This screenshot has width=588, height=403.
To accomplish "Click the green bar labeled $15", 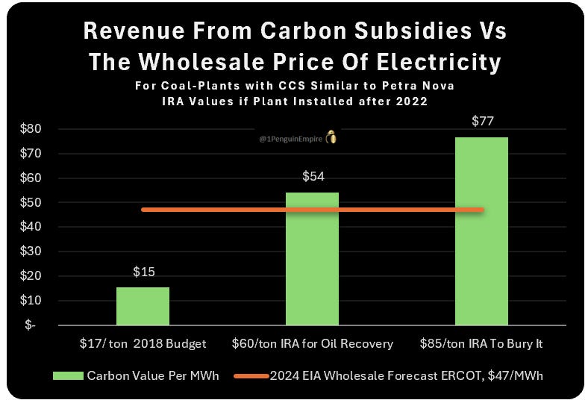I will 143,306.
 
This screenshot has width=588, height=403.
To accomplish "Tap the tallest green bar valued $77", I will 481,231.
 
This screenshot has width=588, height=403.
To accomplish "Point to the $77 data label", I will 481,120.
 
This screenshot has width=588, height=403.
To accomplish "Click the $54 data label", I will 312,177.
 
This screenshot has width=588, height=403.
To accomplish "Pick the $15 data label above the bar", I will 143,272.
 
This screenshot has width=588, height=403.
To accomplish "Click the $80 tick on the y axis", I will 30,129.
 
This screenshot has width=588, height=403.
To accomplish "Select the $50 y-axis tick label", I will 30,202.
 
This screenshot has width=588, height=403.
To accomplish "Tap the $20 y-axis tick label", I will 30,276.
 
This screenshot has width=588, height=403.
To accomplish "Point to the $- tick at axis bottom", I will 29,325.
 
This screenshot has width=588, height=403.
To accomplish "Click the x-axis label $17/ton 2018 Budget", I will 143,343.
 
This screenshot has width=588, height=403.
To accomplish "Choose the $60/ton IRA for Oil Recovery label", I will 312,343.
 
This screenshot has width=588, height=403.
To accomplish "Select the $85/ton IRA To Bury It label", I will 481,343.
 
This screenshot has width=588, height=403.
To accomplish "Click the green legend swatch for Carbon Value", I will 69,375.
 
